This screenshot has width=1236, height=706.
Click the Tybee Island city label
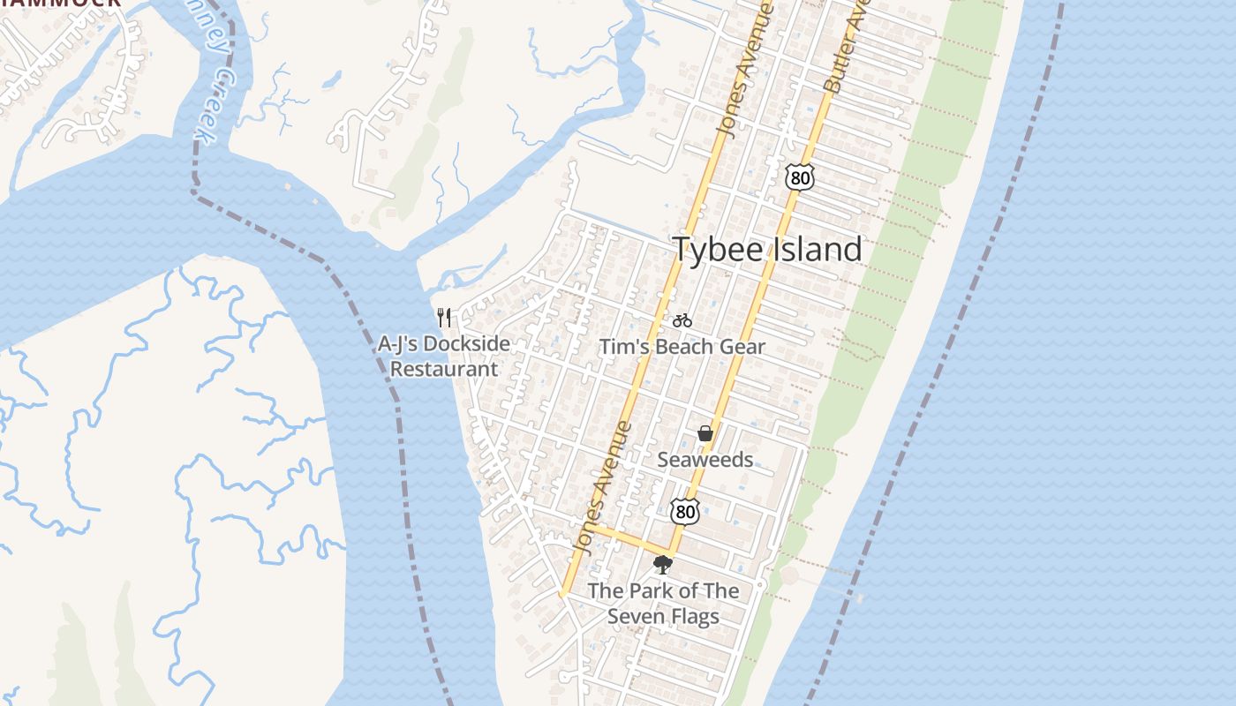tap(767, 249)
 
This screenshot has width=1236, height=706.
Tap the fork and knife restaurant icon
tap(444, 318)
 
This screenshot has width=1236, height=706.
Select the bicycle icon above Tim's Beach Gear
tap(682, 320)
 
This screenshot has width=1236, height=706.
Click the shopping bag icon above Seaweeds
tap(705, 433)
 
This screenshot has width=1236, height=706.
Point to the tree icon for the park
tap(662, 565)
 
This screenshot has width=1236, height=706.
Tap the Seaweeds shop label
tap(705, 460)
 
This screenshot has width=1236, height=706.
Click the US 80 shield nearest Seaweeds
tap(684, 511)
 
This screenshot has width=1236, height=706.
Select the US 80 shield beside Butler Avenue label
tap(798, 177)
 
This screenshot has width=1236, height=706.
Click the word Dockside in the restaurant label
tap(467, 344)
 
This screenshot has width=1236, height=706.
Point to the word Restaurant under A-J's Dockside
tap(444, 369)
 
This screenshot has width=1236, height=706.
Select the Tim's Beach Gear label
tap(682, 347)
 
